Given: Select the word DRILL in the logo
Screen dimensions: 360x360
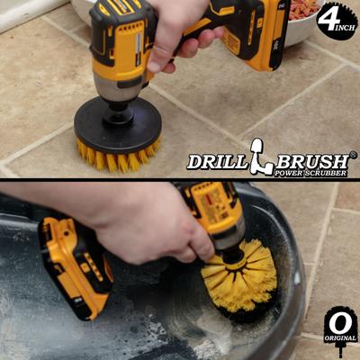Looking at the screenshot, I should pyautogui.click(x=215, y=161).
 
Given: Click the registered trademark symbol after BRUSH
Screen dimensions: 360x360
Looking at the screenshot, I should pyautogui.click(x=353, y=155).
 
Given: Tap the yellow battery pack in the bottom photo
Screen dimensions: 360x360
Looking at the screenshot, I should pyautogui.click(x=74, y=265).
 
